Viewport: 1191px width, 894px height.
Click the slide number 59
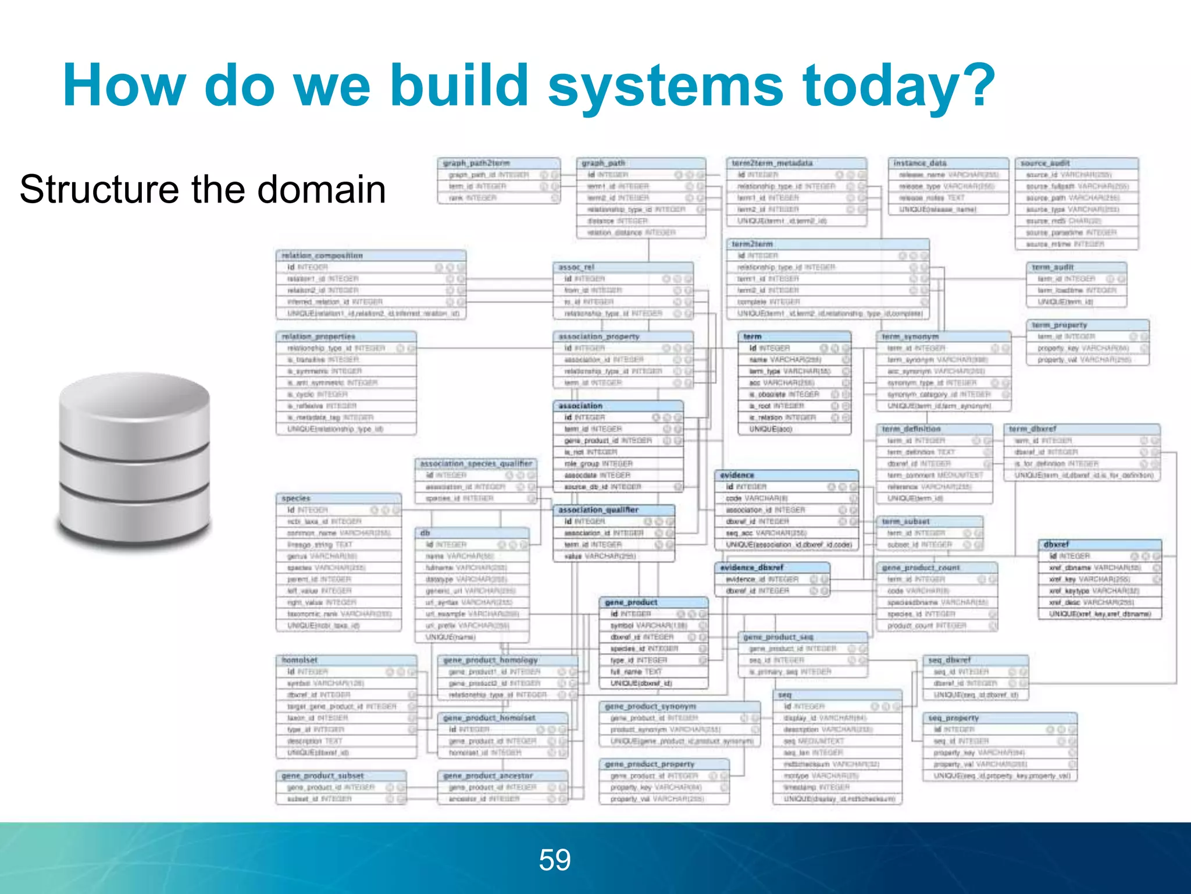(555, 860)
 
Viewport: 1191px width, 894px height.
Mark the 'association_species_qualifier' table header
(476, 463)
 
